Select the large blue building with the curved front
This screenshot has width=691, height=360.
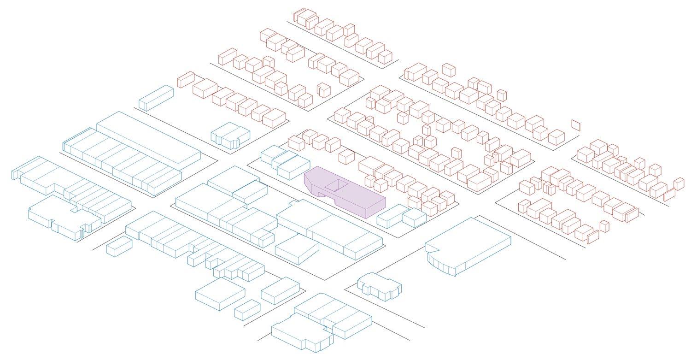[470, 244]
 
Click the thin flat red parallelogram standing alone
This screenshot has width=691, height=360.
[576, 124]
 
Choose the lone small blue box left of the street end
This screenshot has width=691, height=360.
[119, 247]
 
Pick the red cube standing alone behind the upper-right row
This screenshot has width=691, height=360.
[448, 70]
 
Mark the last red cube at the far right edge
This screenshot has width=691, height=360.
[679, 183]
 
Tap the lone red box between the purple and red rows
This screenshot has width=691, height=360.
[346, 157]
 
